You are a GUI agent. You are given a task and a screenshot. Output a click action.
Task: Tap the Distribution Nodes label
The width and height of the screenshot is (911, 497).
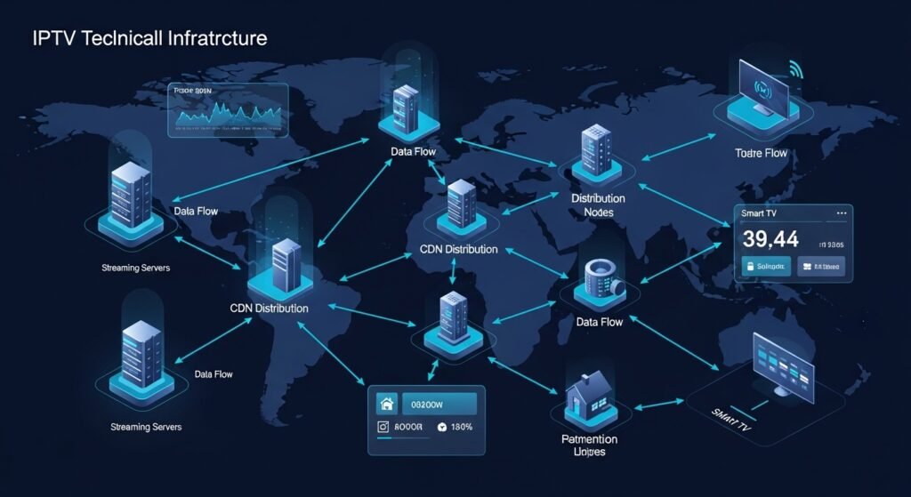click(597, 205)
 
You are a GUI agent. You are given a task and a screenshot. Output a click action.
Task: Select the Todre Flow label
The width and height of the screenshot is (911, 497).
click(762, 153)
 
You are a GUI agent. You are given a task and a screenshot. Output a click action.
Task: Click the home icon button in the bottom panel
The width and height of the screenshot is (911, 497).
click(387, 404)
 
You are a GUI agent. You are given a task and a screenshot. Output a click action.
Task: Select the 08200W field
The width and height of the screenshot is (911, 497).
click(439, 404)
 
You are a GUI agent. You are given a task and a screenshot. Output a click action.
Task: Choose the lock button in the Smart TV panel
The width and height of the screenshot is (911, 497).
click(763, 266)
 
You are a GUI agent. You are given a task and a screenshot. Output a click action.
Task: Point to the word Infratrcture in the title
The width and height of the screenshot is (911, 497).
click(207, 39)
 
